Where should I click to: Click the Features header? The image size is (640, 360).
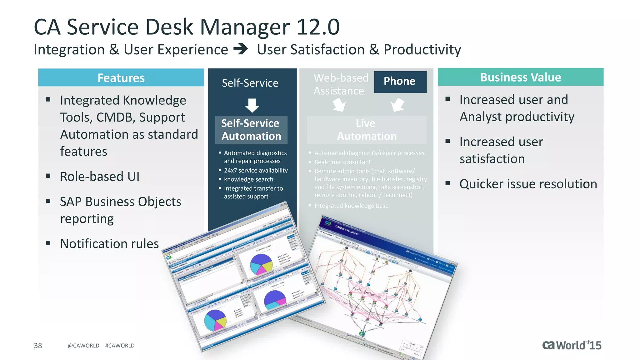pos(121,78)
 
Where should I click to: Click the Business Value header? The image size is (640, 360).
pos(520,77)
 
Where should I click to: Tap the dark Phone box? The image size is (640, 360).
pos(400,81)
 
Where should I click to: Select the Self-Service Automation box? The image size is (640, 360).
pos(251,130)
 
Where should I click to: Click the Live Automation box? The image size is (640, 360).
pos(366,130)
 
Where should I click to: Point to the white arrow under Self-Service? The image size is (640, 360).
pos(252,105)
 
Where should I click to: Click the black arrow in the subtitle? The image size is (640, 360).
pos(241,49)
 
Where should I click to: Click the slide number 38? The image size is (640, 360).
pos(38,345)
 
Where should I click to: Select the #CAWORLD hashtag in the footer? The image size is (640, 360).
pos(120,346)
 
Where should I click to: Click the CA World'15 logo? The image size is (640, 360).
pos(572,345)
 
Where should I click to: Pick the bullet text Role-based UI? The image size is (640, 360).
pos(100,177)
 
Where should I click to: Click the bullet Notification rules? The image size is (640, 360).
pos(109,244)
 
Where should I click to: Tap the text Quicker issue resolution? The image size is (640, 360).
pos(528,184)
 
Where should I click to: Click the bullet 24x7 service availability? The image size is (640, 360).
pos(256,170)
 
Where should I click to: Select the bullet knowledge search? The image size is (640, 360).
pos(248,179)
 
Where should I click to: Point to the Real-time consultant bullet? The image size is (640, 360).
pos(342,162)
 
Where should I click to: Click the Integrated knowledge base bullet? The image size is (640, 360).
pos(351,206)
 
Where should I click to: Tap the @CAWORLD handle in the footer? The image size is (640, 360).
pos(83,346)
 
